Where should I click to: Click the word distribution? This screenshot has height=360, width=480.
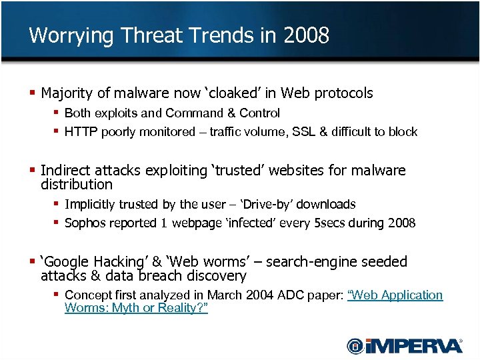pyautogui.click(x=77, y=184)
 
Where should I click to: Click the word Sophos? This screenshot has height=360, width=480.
pyautogui.click(x=85, y=223)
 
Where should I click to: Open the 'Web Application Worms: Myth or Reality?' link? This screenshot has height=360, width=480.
pyautogui.click(x=395, y=295)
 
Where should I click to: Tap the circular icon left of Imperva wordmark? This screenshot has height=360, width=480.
pyautogui.click(x=355, y=345)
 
